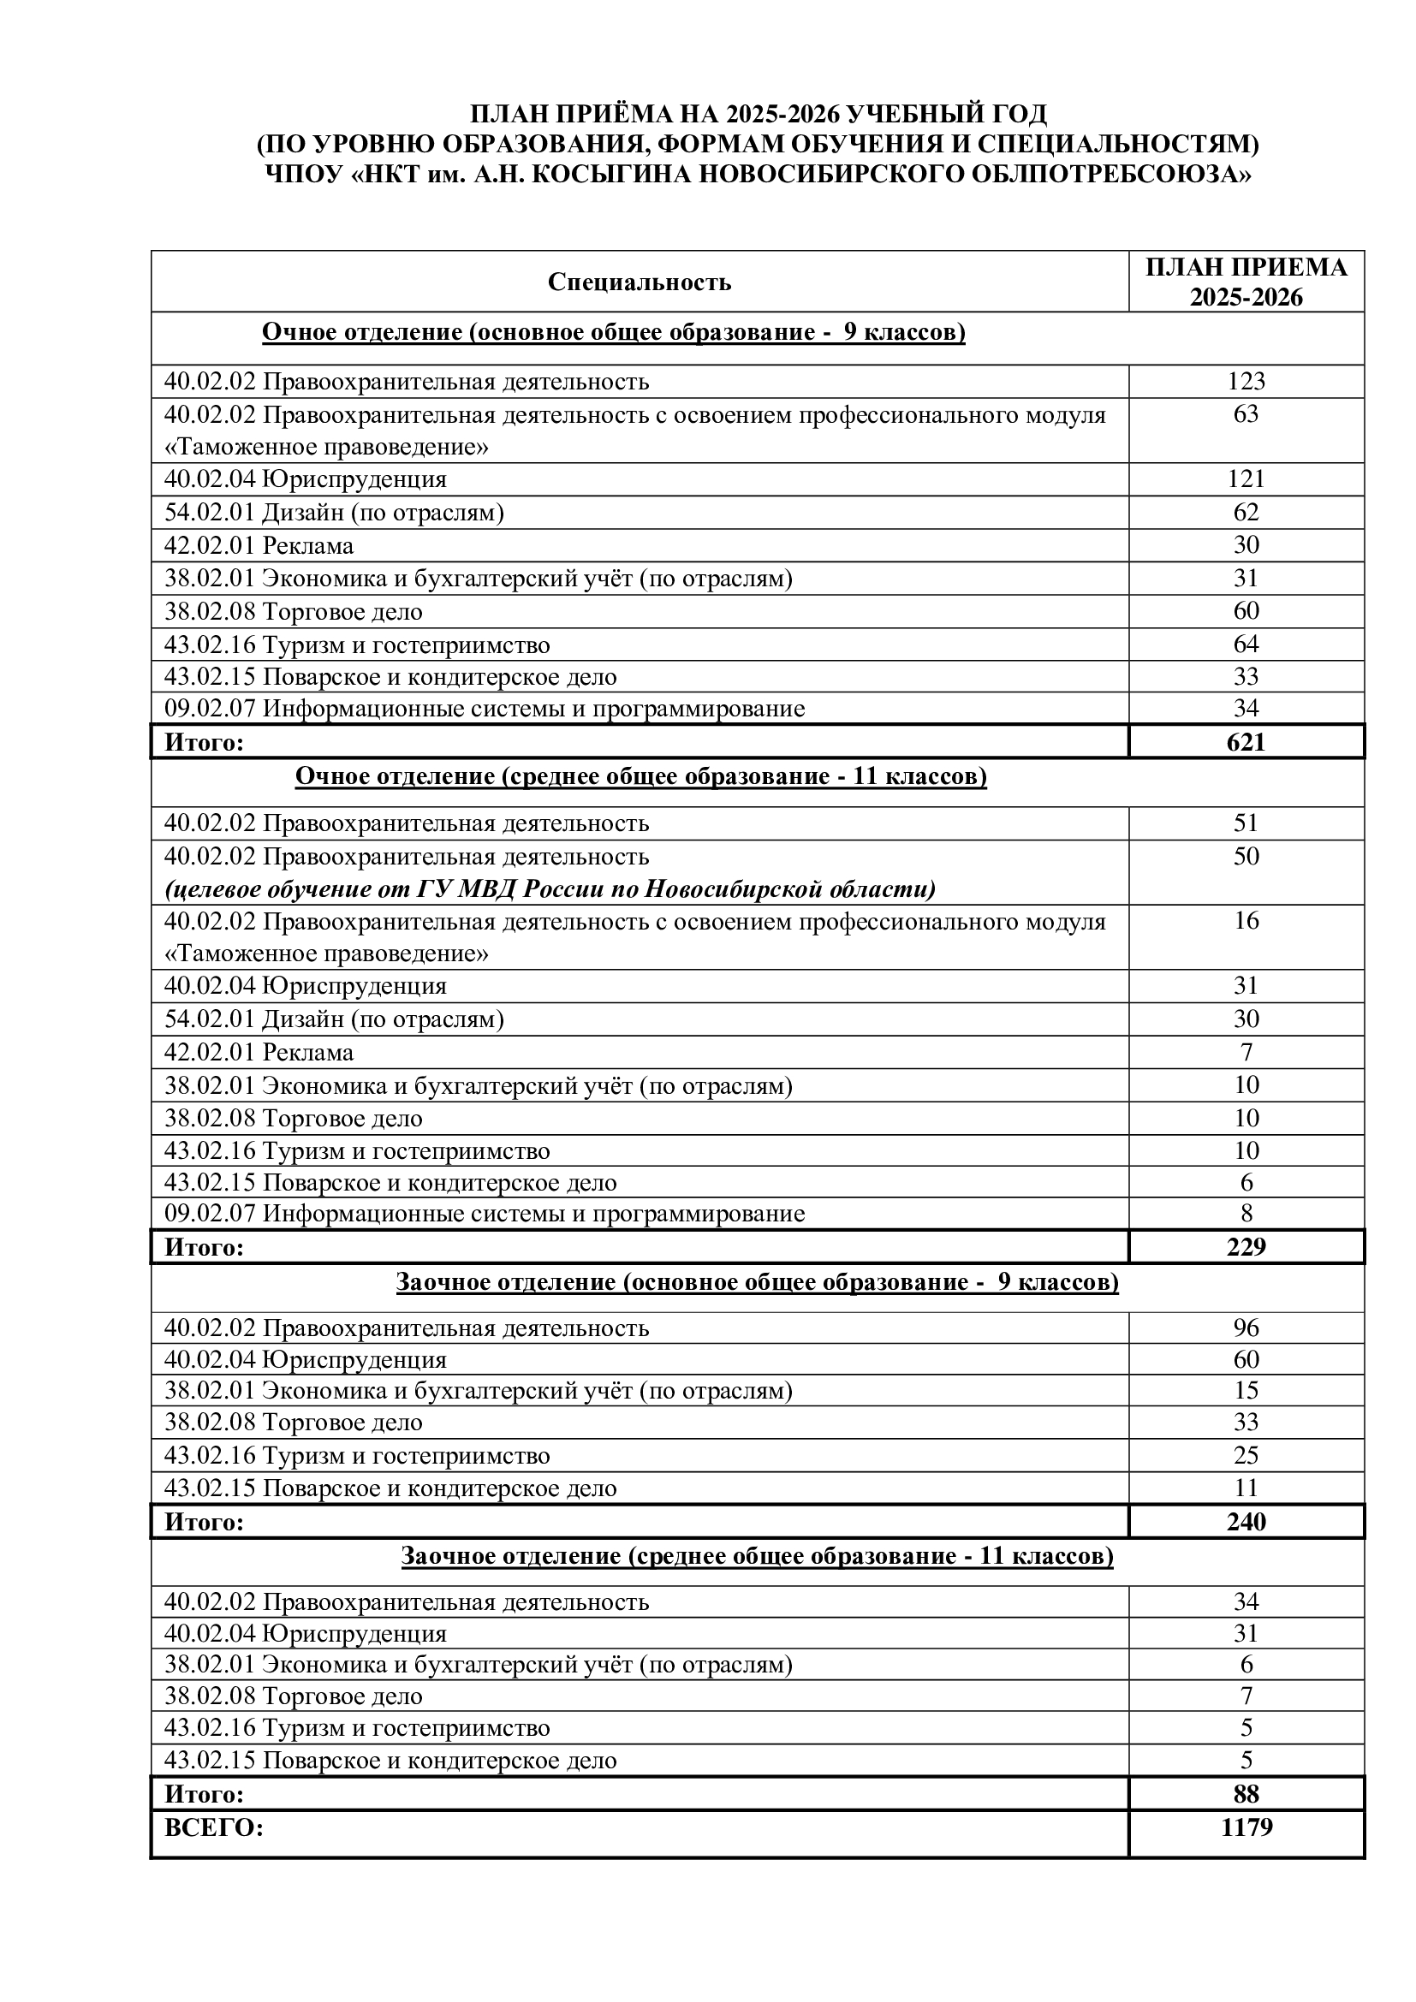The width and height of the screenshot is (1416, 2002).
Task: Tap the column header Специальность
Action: pyautogui.click(x=640, y=282)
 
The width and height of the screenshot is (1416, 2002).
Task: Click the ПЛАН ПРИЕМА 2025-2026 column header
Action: pyautogui.click(x=1246, y=282)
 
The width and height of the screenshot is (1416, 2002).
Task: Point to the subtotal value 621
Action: pyautogui.click(x=1246, y=742)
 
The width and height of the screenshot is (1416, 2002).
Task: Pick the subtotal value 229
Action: pyautogui.click(x=1246, y=1247)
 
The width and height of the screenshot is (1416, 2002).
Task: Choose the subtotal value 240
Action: pyautogui.click(x=1246, y=1522)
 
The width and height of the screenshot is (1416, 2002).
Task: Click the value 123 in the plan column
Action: pyautogui.click(x=1246, y=381)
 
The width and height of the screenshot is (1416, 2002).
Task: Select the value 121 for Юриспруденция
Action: pyautogui.click(x=1246, y=478)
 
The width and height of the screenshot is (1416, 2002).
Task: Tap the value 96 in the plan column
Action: pyautogui.click(x=1246, y=1328)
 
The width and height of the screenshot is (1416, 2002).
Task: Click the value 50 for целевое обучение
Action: pyautogui.click(x=1246, y=855)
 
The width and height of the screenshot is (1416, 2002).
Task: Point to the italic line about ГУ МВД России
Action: pyautogui.click(x=550, y=888)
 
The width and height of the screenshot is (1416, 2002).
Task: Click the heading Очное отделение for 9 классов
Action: pyautogui.click(x=613, y=332)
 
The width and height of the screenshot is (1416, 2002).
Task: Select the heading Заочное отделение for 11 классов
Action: pyautogui.click(x=757, y=1555)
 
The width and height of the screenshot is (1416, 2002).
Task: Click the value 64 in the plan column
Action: pyautogui.click(x=1246, y=645)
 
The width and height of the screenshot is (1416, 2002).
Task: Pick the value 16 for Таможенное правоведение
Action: pyautogui.click(x=1246, y=920)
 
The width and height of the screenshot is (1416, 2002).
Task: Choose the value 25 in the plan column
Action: pyautogui.click(x=1246, y=1454)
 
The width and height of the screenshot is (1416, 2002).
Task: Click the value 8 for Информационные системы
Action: pyautogui.click(x=1246, y=1213)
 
